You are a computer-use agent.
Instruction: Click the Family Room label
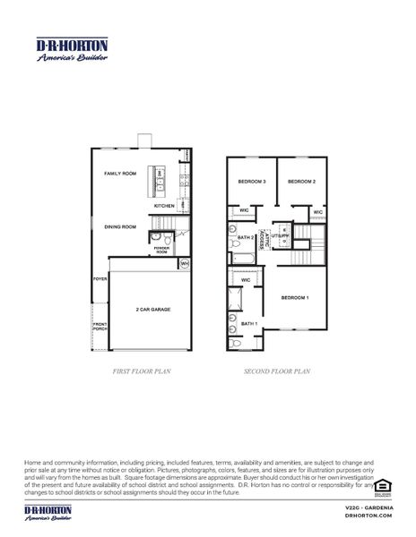119,174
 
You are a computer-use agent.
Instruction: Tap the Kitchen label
163,206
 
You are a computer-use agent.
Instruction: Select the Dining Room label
119,226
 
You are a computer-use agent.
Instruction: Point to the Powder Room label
161,251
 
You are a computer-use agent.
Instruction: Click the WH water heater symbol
185,264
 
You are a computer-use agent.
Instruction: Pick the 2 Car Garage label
152,310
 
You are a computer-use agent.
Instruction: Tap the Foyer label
100,279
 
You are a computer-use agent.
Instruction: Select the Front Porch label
100,326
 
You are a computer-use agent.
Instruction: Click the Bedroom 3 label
251,182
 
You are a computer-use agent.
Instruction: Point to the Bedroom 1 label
294,297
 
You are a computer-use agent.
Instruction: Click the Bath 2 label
245,238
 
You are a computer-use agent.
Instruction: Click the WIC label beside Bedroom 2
317,212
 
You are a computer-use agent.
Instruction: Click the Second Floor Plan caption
277,371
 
